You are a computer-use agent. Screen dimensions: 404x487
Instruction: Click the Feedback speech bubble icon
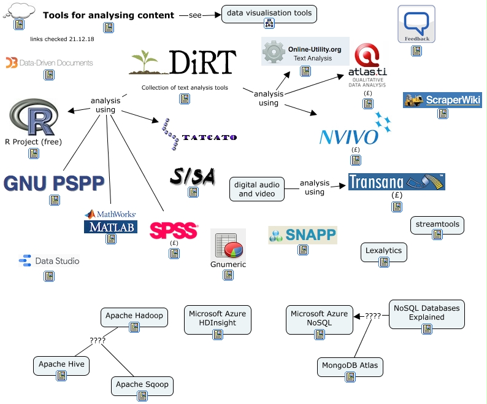(x=416, y=24)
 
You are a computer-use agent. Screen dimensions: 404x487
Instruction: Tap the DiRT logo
(x=183, y=63)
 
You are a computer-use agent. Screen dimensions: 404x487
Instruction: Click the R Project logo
(x=34, y=117)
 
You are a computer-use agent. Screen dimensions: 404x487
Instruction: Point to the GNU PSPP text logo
(x=53, y=183)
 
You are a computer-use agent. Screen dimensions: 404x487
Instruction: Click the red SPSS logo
(x=174, y=230)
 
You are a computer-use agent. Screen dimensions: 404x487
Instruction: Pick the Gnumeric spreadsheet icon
(x=228, y=245)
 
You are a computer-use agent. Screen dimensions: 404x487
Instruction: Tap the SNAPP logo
(x=302, y=235)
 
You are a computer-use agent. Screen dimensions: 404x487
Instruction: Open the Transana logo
(x=396, y=182)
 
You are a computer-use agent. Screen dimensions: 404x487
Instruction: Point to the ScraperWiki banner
(x=442, y=100)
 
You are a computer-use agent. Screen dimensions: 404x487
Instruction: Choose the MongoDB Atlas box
(x=350, y=367)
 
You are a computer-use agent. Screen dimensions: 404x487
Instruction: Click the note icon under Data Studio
(x=49, y=276)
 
